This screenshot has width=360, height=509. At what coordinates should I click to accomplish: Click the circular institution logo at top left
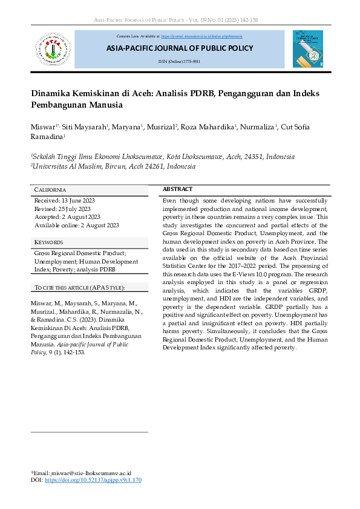coord(53,50)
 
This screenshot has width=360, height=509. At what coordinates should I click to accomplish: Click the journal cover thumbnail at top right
coord(307,49)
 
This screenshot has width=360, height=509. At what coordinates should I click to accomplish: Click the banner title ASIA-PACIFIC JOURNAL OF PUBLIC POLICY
coord(180,48)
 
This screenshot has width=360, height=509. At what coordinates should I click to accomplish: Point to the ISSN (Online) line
coord(179,62)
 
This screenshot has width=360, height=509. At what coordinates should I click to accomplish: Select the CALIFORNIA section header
coord(50,190)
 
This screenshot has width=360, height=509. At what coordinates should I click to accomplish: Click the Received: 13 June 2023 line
coord(65,200)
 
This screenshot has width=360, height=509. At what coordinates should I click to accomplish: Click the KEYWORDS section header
coord(49,242)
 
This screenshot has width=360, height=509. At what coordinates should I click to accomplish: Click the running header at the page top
coord(180,20)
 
